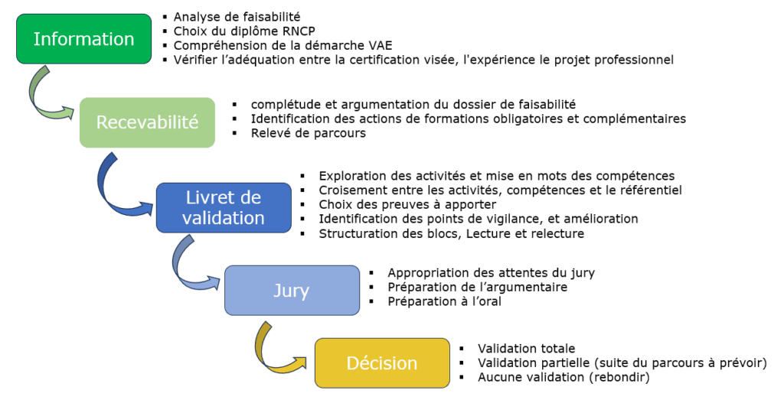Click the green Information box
click(x=84, y=39)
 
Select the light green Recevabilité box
click(x=148, y=122)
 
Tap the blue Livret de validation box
click(x=224, y=208)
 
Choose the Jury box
click(x=292, y=291)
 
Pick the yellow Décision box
click(x=383, y=363)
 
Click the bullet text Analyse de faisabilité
click(x=237, y=17)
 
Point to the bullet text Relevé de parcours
click(x=308, y=133)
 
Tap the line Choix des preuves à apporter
click(x=407, y=205)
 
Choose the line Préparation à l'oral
click(x=444, y=301)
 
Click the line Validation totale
click(x=527, y=349)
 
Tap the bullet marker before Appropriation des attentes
click(x=371, y=273)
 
